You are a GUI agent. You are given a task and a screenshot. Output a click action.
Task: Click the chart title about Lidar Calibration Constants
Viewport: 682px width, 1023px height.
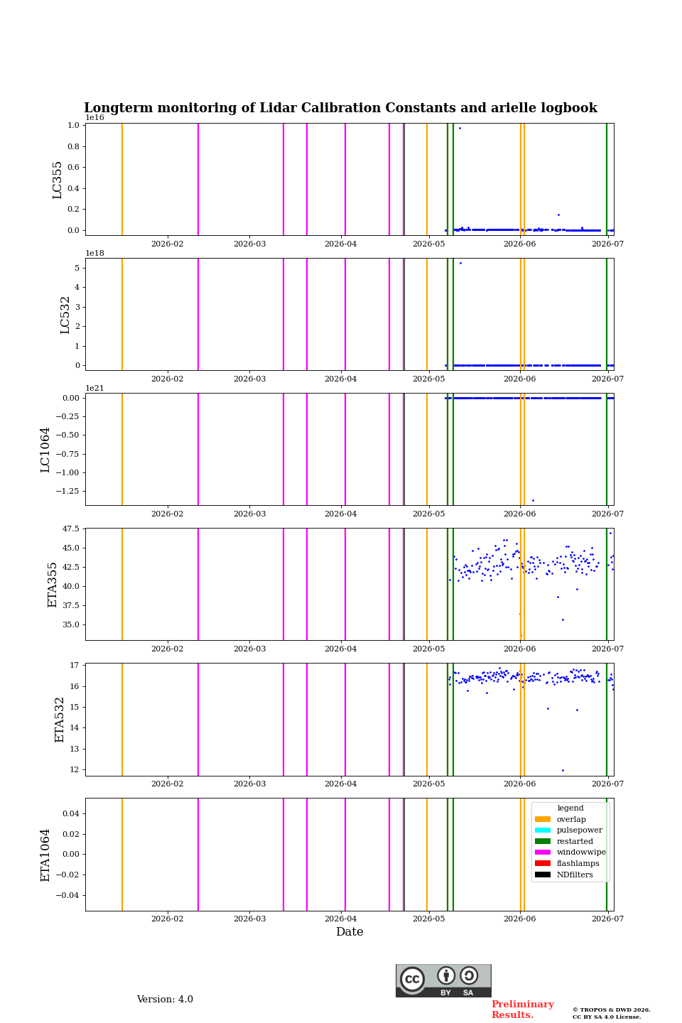[340, 108]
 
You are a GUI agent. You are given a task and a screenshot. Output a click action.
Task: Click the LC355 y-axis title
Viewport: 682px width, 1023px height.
[57, 180]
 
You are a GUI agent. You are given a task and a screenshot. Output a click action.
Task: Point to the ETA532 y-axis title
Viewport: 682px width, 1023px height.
[59, 720]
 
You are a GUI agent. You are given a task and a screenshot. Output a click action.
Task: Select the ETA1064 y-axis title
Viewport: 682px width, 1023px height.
[45, 855]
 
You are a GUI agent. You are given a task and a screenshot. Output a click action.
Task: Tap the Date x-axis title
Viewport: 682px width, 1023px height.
[350, 931]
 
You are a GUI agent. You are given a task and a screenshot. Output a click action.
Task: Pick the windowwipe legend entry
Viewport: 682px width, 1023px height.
[570, 852]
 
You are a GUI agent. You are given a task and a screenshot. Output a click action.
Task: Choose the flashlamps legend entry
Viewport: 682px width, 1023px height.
[567, 863]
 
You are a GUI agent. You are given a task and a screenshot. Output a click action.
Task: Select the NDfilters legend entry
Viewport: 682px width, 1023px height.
[564, 875]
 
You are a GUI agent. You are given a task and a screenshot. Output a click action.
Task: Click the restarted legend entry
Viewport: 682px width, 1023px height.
[564, 841]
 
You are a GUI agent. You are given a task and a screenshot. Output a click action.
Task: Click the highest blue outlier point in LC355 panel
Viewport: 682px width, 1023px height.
[460, 129]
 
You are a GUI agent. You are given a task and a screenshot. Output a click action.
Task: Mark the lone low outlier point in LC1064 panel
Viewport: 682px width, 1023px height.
[533, 501]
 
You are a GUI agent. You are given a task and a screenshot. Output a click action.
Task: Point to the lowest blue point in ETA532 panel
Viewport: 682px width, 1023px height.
[563, 770]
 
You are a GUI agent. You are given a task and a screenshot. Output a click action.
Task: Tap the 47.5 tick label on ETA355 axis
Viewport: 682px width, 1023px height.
[71, 529]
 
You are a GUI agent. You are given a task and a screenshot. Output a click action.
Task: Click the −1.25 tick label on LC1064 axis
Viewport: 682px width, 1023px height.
[67, 491]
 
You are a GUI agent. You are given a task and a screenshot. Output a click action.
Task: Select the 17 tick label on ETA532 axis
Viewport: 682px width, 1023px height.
[75, 665]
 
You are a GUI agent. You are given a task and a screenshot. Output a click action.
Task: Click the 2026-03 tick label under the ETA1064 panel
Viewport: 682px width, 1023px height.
[249, 919]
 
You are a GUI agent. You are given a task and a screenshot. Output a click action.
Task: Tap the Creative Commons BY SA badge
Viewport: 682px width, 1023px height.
[443, 980]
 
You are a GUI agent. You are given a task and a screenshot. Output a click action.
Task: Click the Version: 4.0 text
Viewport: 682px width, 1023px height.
[165, 1000]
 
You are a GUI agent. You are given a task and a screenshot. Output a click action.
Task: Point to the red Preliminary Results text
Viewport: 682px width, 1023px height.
[523, 1010]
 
